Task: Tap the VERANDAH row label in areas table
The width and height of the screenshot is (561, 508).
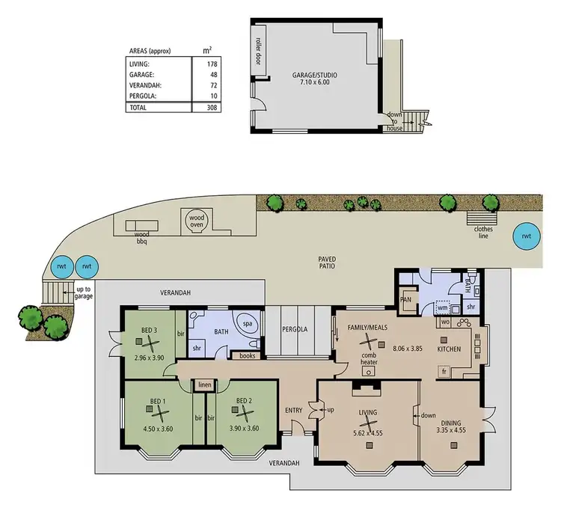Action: click(x=145, y=86)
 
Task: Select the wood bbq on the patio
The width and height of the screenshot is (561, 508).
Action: click(x=141, y=227)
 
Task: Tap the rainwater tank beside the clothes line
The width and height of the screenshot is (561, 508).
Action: click(x=527, y=236)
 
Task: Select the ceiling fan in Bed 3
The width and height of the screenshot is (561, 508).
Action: click(x=149, y=341)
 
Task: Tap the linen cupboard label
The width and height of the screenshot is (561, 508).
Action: click(x=203, y=385)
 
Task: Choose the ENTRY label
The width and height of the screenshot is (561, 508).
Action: click(x=293, y=410)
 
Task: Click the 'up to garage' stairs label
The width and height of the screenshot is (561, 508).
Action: click(x=84, y=292)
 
